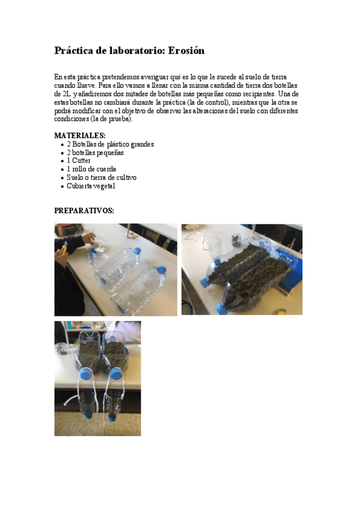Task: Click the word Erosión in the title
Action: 186,51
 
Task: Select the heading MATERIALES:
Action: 80,136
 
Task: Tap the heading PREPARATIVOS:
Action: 84,211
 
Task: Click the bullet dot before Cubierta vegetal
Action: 63,186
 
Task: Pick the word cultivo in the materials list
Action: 125,178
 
